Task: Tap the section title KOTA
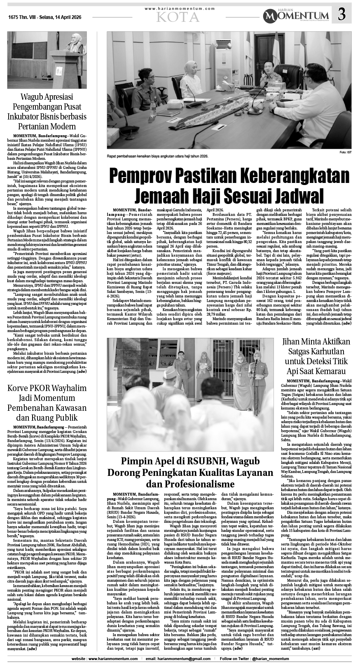(178, 16)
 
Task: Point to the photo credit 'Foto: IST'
(345, 153)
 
